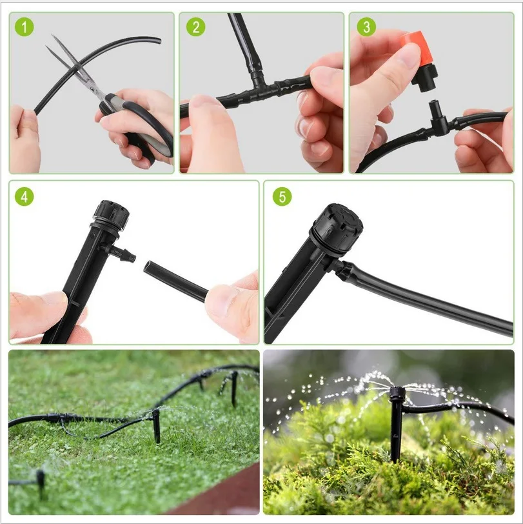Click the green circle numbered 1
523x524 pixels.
pos(25,28)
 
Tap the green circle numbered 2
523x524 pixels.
pos(195,28)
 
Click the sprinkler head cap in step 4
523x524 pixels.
pos(111,213)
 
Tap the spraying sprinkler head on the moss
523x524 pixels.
pos(397,393)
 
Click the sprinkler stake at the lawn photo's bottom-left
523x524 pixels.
pos(40,481)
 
